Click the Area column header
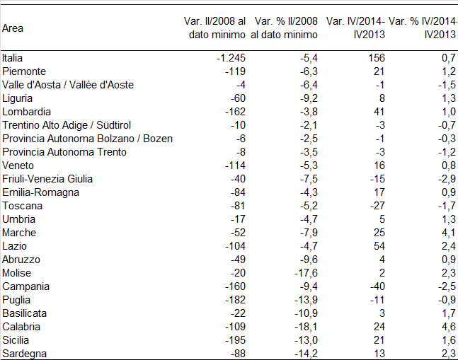[13, 28]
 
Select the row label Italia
[12, 58]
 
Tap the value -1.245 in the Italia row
[231, 58]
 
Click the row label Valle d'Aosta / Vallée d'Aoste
[68, 85]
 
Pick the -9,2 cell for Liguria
[309, 98]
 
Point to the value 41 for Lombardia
[379, 112]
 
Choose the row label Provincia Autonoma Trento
[64, 151]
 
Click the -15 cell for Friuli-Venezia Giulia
[377, 178]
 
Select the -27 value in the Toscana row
[377, 205]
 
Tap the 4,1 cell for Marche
[449, 232]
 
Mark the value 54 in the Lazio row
[379, 245]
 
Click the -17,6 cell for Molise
[306, 272]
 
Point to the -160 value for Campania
[235, 286]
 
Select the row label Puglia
[16, 299]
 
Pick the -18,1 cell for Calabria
[306, 326]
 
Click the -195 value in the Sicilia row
[235, 339]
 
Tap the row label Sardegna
[24, 354]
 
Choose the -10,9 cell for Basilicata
[306, 313]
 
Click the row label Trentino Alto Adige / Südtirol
[67, 125]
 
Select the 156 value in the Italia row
[377, 58]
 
